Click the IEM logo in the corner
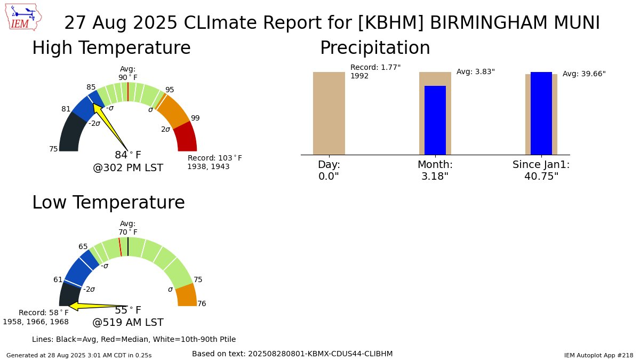[25, 18]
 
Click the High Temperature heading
[111, 49]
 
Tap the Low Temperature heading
[108, 203]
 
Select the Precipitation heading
[374, 49]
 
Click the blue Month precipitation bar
[435, 120]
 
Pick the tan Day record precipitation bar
[329, 113]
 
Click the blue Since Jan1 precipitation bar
[541, 113]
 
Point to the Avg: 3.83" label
[475, 72]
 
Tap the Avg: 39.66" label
[584, 74]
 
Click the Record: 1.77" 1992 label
[375, 71]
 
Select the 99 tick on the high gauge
[195, 118]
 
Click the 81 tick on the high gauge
[66, 109]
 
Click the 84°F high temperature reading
[128, 155]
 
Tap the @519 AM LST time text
[128, 323]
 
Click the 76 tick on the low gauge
[202, 304]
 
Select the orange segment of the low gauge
[187, 295]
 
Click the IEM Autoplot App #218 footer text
[598, 355]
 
